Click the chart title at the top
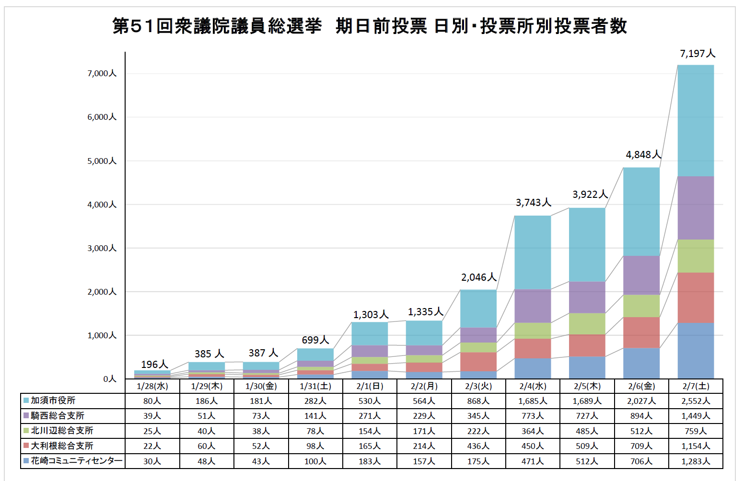[370, 26]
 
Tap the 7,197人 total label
[697, 54]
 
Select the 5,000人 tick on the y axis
[102, 161]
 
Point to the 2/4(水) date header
[533, 386]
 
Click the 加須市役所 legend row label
[53, 401]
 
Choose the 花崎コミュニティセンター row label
[76, 461]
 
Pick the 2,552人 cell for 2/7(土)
[696, 401]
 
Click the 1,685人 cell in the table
[533, 401]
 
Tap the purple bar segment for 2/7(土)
[696, 207]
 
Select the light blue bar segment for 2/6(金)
[641, 211]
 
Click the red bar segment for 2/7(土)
[696, 298]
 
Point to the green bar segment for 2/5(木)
[587, 323]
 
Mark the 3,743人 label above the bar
[533, 203]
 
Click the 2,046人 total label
[478, 277]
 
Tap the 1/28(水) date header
[152, 386]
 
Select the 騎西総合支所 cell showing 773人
[533, 416]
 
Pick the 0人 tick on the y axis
[110, 379]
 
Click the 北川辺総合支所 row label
[62, 431]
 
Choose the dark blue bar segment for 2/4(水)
[533, 368]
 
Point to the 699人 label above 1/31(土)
[315, 340]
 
